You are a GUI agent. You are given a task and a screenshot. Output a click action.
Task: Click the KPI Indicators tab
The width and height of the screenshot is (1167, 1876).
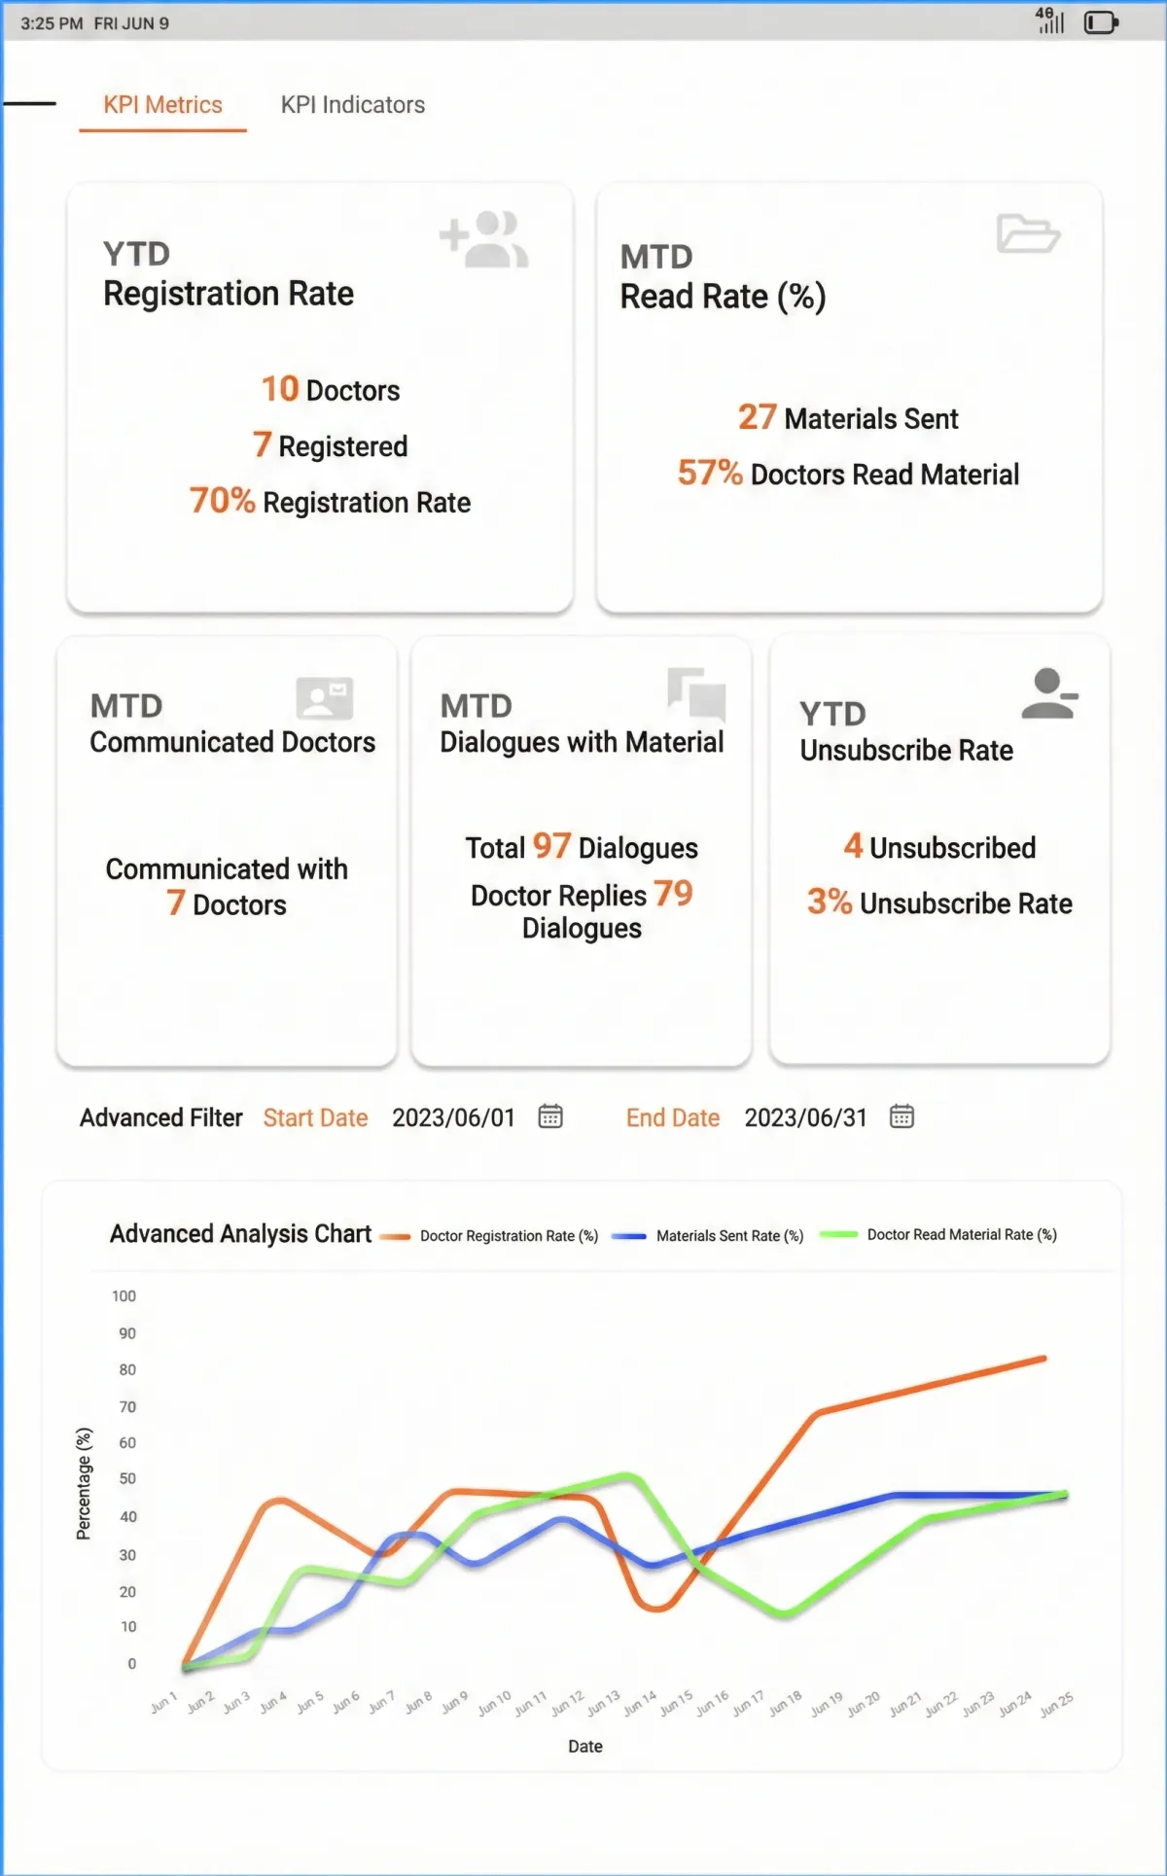coord(353,105)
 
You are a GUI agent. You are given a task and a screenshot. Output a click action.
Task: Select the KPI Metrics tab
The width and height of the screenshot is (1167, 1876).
coord(163,105)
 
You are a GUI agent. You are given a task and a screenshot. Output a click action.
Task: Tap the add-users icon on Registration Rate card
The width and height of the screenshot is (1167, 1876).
coord(484,238)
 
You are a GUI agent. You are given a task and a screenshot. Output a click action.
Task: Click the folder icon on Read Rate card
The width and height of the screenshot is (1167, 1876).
coord(1028,233)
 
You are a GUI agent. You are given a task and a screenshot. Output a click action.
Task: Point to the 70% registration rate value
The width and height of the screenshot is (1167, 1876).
coord(222,501)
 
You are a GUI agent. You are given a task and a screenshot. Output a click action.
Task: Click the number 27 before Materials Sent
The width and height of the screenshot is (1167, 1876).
coord(757,417)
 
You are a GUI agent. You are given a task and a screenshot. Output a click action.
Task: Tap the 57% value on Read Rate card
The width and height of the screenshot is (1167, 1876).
coord(710,473)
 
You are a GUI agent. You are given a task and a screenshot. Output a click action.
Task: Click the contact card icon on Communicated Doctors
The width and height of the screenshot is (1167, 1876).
coord(324,697)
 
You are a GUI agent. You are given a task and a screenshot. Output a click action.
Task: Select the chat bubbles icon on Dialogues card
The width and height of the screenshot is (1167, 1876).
coord(696,694)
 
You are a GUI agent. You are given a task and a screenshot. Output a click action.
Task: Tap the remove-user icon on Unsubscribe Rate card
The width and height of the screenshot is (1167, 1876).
coord(1050,693)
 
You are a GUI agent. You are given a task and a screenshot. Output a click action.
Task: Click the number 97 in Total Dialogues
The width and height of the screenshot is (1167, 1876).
coord(551,846)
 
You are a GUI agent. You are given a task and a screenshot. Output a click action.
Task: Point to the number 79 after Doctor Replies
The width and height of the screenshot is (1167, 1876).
coord(673,893)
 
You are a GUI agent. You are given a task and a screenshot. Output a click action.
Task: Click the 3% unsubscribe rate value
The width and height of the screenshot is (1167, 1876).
coord(830,902)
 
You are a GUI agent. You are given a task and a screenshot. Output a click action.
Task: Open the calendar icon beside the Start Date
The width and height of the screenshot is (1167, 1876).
coord(550,1116)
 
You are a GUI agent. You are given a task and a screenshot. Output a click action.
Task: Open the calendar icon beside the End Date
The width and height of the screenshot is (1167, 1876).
coord(902,1116)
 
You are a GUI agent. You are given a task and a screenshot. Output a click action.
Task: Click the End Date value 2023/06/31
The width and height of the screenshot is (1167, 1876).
coord(805,1117)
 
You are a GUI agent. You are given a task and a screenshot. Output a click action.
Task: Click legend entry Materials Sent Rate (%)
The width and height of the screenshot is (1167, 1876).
coord(708,1236)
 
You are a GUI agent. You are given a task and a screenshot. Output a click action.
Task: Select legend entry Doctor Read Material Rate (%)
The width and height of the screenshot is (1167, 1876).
coord(938,1235)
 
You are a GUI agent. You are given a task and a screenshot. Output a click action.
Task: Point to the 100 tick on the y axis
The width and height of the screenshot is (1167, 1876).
coord(124,1296)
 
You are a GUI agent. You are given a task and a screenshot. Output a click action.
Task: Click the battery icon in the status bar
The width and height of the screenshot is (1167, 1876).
coord(1101,22)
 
